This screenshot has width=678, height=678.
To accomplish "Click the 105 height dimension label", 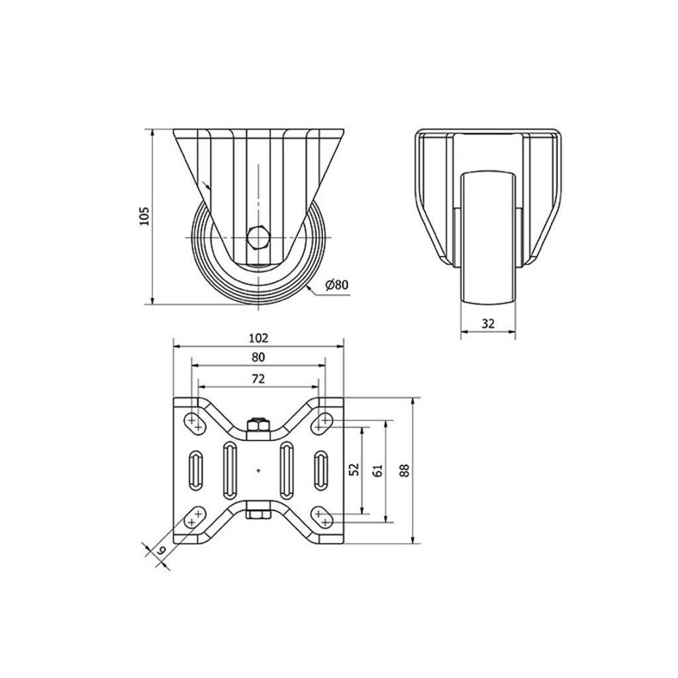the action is (144, 215).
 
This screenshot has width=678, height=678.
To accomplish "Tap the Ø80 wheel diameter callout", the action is (336, 285).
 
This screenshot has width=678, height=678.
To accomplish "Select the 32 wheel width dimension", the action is (488, 323).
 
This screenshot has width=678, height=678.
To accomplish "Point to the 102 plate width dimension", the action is (259, 338).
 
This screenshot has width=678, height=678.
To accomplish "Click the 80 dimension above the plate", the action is (258, 357).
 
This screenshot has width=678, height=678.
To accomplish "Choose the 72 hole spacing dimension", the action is (258, 379).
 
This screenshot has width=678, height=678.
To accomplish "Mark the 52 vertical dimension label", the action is (354, 469).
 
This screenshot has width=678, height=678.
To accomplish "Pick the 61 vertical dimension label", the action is (377, 471).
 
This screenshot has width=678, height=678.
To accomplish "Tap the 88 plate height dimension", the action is (405, 470).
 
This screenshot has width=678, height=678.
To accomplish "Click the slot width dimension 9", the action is (162, 550).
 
